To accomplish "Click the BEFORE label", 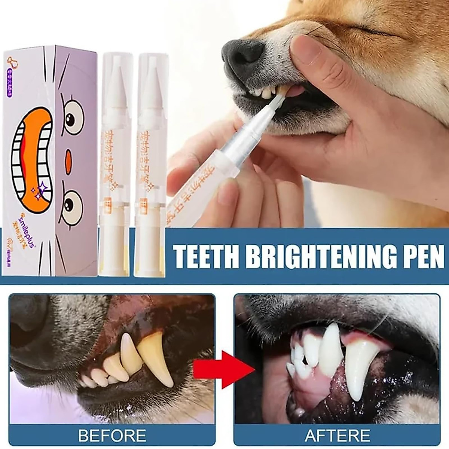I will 112,435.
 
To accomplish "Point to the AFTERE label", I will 337,435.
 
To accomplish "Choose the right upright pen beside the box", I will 152,165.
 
